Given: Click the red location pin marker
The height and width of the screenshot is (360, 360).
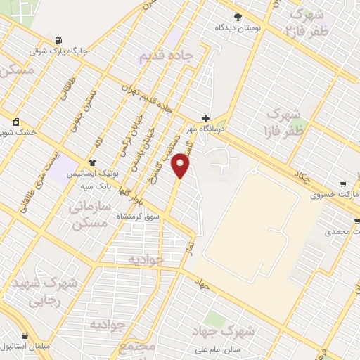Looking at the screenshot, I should pos(181,167).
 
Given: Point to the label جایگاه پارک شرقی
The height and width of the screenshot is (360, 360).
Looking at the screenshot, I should pos(56,51).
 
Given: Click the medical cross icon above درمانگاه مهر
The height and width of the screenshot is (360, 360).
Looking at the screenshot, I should pos(205,118).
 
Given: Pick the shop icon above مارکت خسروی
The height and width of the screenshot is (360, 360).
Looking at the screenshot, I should pos(343,183).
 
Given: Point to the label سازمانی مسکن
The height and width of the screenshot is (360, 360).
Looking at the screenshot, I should pos(89,214).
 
